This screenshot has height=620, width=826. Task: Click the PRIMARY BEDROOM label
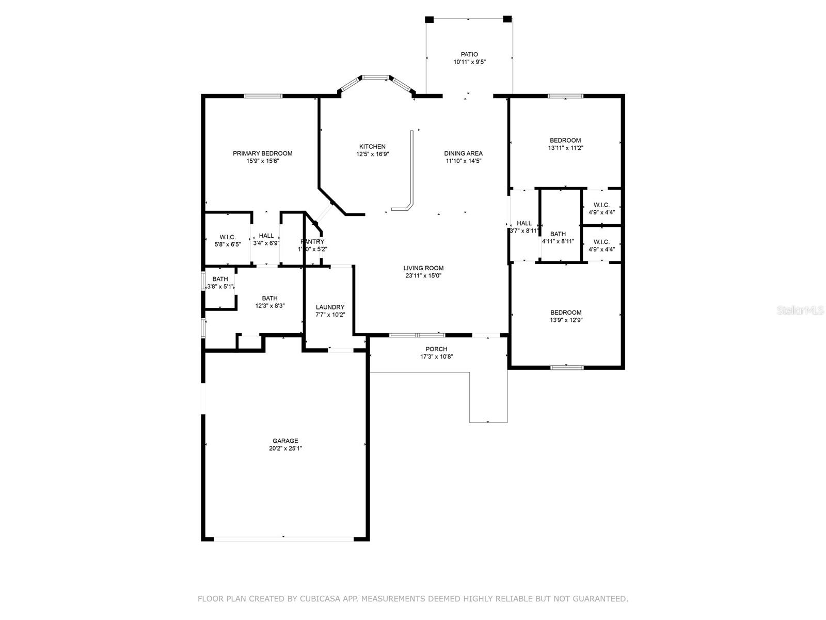pyautogui.click(x=262, y=153)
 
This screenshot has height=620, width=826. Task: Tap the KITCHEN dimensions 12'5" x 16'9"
pyautogui.click(x=372, y=154)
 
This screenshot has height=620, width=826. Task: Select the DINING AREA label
pyautogui.click(x=463, y=153)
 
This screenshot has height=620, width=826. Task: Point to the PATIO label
pyautogui.click(x=469, y=54)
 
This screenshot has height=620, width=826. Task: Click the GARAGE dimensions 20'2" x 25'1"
pyautogui.click(x=285, y=448)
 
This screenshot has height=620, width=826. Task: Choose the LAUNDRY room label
pyautogui.click(x=330, y=307)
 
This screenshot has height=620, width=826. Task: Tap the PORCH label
pyautogui.click(x=436, y=349)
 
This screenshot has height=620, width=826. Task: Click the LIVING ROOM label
pyautogui.click(x=423, y=268)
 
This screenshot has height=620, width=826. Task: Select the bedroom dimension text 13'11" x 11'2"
pyautogui.click(x=565, y=148)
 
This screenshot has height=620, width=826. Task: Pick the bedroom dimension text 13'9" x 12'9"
pyautogui.click(x=566, y=320)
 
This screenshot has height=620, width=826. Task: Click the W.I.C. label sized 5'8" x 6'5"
pyautogui.click(x=227, y=237)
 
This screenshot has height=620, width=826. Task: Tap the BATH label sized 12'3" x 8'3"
pyautogui.click(x=269, y=298)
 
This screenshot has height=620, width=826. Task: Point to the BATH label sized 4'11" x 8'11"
pyautogui.click(x=558, y=234)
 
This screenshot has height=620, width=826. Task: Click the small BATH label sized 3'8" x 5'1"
pyautogui.click(x=220, y=280)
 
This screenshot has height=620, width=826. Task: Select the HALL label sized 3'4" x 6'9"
pyautogui.click(x=266, y=236)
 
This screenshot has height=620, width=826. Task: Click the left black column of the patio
pyautogui.click(x=429, y=20)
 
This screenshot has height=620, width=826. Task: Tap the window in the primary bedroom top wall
pyautogui.click(x=263, y=96)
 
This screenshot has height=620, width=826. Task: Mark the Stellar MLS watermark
pyautogui.click(x=800, y=310)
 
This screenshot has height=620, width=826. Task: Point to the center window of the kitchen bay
pyautogui.click(x=375, y=78)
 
